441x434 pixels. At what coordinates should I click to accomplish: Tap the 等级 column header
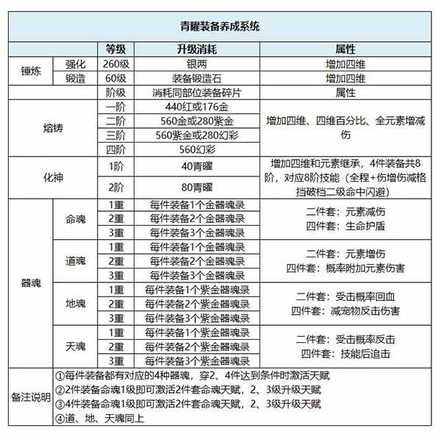[115, 49]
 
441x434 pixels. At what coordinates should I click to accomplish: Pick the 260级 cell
[115, 63]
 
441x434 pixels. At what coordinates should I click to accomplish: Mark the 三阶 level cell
[115, 135]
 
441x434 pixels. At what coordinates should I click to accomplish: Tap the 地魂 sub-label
[76, 303]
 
